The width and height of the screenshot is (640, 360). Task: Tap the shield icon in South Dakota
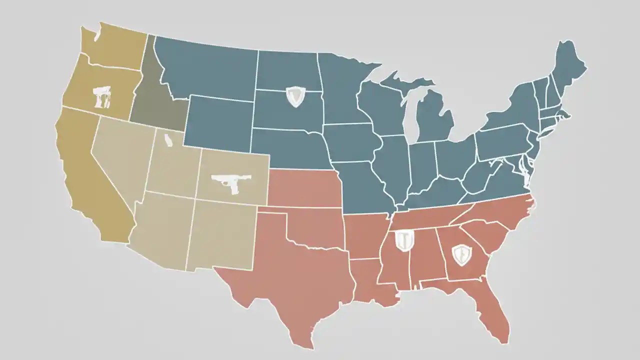click(x=295, y=96)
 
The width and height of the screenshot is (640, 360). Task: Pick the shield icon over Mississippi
click(x=403, y=240)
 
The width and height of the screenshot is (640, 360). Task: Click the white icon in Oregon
click(x=102, y=96)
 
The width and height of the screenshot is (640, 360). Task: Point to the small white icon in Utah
click(x=168, y=141)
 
